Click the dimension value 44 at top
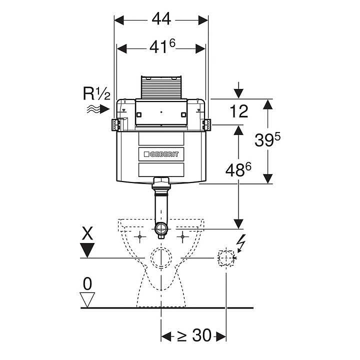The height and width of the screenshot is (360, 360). click(161, 19)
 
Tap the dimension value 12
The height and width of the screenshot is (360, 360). click(239, 111)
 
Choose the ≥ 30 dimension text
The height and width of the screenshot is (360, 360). click(194, 336)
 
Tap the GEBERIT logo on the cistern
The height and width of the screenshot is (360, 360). click(161, 153)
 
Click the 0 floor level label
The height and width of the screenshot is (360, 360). click(87, 284)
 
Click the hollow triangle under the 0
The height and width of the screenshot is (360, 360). click(87, 300)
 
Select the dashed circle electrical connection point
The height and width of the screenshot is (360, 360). click(226, 257)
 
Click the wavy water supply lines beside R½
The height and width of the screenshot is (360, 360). click(92, 108)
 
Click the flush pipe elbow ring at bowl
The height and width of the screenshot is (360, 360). click(161, 230)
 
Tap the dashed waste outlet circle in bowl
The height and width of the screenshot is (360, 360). click(161, 257)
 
